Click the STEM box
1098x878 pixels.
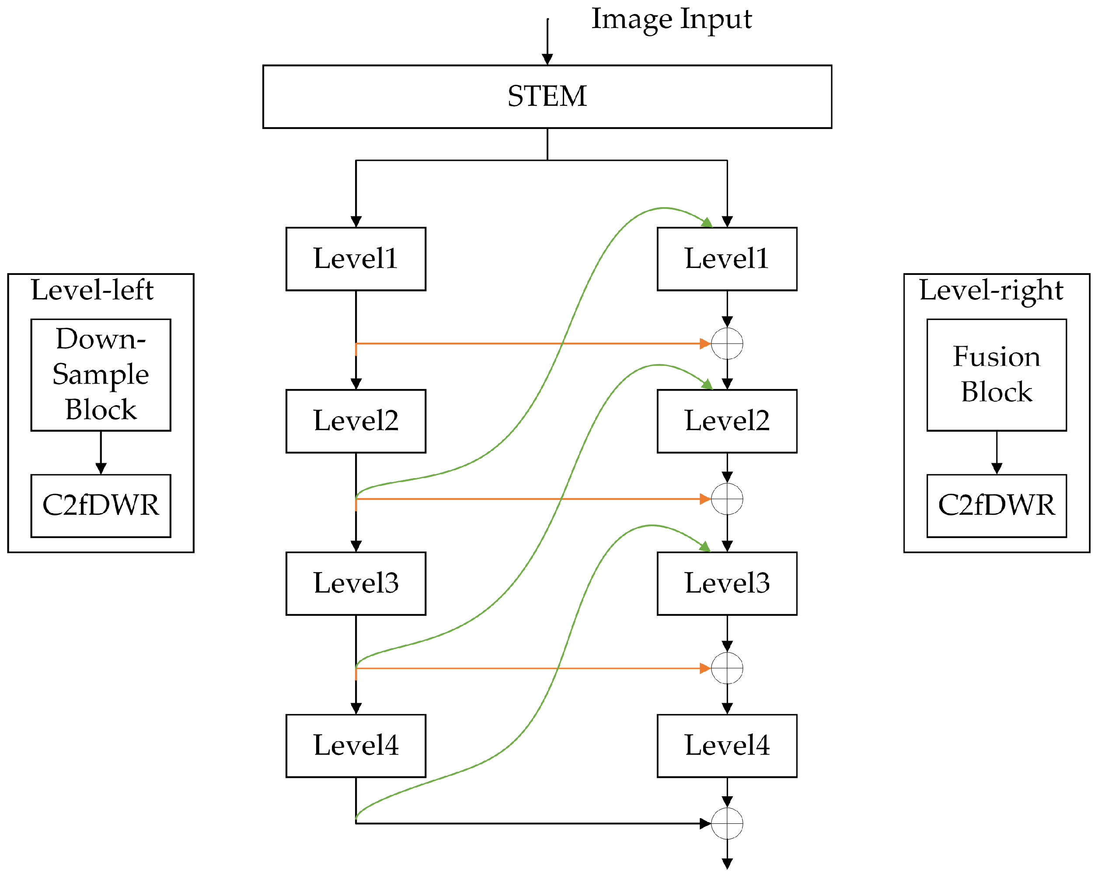tap(547, 97)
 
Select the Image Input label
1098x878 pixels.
tap(671, 19)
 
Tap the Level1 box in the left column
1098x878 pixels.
tap(356, 259)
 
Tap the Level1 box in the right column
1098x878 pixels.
tap(727, 259)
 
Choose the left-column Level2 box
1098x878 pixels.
tap(356, 421)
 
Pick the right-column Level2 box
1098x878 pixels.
tap(727, 421)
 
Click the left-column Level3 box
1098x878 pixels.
tap(356, 583)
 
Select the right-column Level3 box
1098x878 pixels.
tap(727, 583)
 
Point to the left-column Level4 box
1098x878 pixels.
tap(356, 746)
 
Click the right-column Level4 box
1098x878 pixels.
tap(727, 746)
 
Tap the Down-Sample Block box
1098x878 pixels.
tap(101, 375)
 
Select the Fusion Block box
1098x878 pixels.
tap(996, 375)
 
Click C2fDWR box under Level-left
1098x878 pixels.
tap(101, 505)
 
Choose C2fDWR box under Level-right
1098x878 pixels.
tap(996, 505)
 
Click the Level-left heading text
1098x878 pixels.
tap(92, 290)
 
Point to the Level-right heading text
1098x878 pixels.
tap(990, 290)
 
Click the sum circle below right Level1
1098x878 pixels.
tap(727, 344)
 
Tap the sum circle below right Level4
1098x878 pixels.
tap(727, 823)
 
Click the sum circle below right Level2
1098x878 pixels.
tap(727, 499)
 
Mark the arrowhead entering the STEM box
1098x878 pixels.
tap(547, 59)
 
